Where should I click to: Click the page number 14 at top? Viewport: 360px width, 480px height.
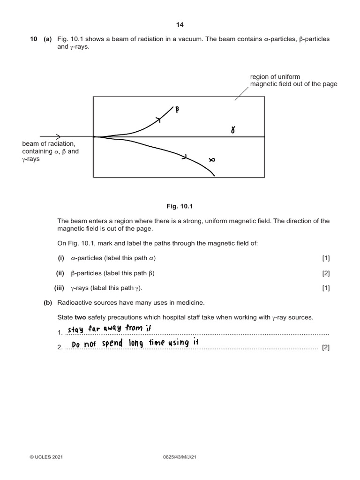point(180,25)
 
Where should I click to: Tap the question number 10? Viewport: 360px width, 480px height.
point(33,39)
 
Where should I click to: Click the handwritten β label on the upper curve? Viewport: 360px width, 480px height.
point(177,110)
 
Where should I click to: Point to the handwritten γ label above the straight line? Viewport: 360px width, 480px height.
point(232,130)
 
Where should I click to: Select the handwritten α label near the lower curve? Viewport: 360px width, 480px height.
point(211,160)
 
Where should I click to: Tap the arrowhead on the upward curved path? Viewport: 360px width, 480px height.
point(159,120)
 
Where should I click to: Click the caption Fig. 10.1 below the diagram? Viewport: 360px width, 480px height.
point(180,204)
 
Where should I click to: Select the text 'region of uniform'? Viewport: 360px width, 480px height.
point(275,76)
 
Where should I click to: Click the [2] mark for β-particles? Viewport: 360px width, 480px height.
point(326,273)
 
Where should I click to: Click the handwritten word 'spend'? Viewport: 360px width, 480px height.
point(112,344)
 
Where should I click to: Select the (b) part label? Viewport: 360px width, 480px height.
point(47,303)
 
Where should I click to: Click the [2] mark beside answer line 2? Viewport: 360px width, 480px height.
point(326,347)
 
